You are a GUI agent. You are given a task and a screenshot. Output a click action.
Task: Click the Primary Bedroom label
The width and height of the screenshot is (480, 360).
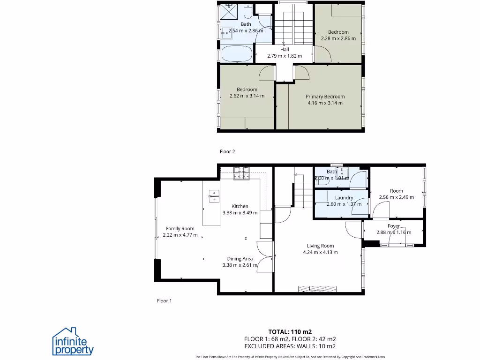point(325,97)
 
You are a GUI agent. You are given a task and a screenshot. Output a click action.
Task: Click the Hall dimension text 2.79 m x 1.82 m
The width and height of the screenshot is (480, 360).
point(285,56)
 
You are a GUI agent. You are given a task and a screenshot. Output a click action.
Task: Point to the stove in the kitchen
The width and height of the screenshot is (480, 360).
point(242,173)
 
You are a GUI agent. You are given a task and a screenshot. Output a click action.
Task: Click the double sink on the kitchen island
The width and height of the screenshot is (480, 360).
point(214,196)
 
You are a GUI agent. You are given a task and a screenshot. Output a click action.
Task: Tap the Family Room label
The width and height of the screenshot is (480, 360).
point(180,229)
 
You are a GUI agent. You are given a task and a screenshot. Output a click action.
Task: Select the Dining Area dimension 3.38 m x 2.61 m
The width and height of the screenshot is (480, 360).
point(240,265)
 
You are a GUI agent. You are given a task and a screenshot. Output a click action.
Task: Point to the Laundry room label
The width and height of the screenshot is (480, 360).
point(344,198)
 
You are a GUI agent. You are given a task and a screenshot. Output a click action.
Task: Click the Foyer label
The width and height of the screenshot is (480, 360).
point(394,226)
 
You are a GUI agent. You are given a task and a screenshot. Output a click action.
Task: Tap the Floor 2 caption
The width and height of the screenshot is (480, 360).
point(227,151)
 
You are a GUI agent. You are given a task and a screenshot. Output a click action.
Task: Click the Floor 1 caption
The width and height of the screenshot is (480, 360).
point(164,300)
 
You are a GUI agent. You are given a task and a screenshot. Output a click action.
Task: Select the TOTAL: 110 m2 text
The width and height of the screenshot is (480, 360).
point(290,331)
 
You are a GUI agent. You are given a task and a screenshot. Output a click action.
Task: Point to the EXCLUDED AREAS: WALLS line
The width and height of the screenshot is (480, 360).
point(290,346)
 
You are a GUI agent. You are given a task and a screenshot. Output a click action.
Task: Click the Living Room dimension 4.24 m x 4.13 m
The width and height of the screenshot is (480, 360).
point(320,252)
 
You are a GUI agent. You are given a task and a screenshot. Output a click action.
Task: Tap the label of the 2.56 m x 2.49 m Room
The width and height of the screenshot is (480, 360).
point(397,191)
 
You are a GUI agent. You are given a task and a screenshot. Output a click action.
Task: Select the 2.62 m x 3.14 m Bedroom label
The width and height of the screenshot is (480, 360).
point(247,90)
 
